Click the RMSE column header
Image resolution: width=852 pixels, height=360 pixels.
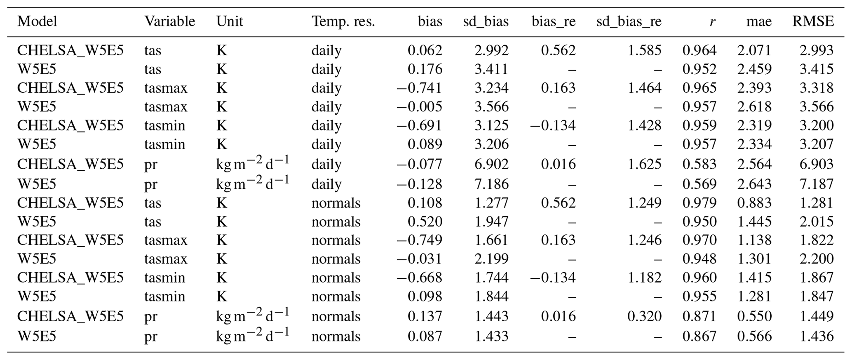coord(813,21)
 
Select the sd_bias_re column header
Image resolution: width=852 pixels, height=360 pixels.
coord(629,21)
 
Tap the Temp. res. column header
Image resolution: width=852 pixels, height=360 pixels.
coord(343,21)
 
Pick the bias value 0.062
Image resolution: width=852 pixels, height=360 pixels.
coord(425,50)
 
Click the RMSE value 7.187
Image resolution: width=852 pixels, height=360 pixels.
coord(817,184)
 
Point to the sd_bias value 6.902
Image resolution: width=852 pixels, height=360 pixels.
coord(491,164)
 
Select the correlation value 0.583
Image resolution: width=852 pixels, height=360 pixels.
coord(699,164)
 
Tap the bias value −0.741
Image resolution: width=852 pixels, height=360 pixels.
coord(419,88)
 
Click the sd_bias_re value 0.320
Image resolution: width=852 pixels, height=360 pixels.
coord(644,316)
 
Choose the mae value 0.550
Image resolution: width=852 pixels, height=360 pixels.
coord(754,316)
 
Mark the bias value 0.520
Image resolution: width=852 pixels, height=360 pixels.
coord(425,221)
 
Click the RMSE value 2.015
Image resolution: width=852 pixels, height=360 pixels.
coord(817,221)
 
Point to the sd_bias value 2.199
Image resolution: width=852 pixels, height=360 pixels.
coord(491,259)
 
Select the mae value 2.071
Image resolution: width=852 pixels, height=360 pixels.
coord(754,50)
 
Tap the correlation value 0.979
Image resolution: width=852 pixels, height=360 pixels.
coord(699,203)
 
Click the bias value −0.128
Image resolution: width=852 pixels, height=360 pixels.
coord(419,184)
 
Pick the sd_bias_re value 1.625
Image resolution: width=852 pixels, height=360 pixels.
coord(644,164)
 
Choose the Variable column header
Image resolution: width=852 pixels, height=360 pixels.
coord(169,21)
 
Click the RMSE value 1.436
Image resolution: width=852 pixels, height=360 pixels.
coord(817,336)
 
